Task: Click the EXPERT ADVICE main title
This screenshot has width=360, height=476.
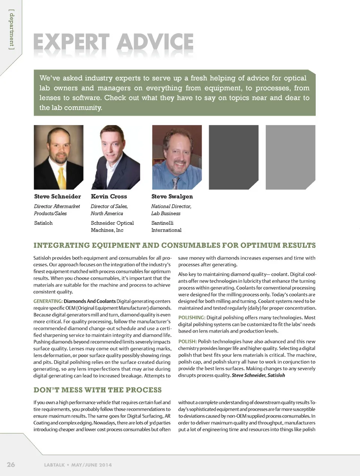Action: coord(113,42)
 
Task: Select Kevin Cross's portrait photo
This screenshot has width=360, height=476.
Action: coord(115,157)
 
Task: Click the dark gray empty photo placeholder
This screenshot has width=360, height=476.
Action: coord(233,157)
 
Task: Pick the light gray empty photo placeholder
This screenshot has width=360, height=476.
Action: coord(290,157)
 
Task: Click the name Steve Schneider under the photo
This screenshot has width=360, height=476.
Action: coord(57,196)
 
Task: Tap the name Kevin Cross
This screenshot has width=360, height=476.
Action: coord(109,196)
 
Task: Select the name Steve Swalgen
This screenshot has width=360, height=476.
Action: coord(172,196)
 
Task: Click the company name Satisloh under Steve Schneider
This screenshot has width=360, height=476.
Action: coord(43,223)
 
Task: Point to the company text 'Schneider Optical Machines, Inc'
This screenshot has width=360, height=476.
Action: coord(112,226)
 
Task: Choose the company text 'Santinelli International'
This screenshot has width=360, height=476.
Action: coord(166,226)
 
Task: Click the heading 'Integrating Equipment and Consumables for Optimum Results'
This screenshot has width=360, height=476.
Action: coord(174,245)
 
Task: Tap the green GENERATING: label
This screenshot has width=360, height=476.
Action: coord(48,301)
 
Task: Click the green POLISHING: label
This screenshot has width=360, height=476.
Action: coord(192,317)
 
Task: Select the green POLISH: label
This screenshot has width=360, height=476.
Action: coord(187,341)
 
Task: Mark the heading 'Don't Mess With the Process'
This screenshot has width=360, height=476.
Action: coord(97,390)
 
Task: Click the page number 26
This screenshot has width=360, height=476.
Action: coord(11,465)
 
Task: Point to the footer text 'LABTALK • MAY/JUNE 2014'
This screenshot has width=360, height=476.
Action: coord(78,465)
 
